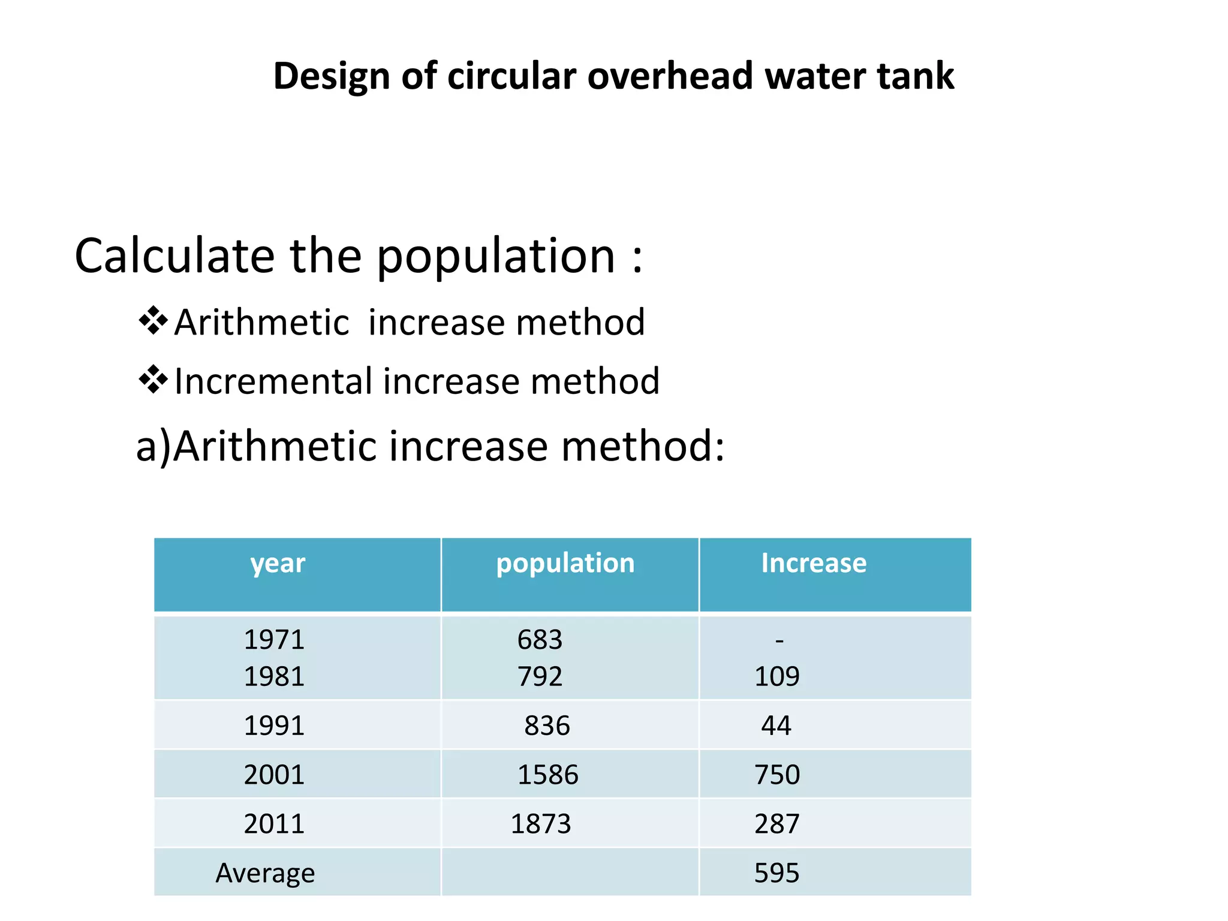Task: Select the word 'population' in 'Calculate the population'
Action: pos(495,256)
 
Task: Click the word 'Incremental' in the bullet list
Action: pos(273,381)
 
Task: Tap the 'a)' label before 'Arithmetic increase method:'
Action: pos(153,447)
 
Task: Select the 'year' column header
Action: pos(278,564)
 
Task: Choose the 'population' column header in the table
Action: pos(565,564)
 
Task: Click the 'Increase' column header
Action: pos(814,564)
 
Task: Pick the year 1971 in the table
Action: pos(274,640)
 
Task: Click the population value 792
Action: pos(540,676)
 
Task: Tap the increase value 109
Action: pos(776,676)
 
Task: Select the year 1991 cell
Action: pos(274,726)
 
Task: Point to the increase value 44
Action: pos(776,726)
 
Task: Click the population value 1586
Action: pos(547,775)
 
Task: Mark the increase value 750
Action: pos(776,775)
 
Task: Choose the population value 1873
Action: pos(540,824)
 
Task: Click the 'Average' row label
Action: pos(265,873)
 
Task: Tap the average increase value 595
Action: pos(776,873)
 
